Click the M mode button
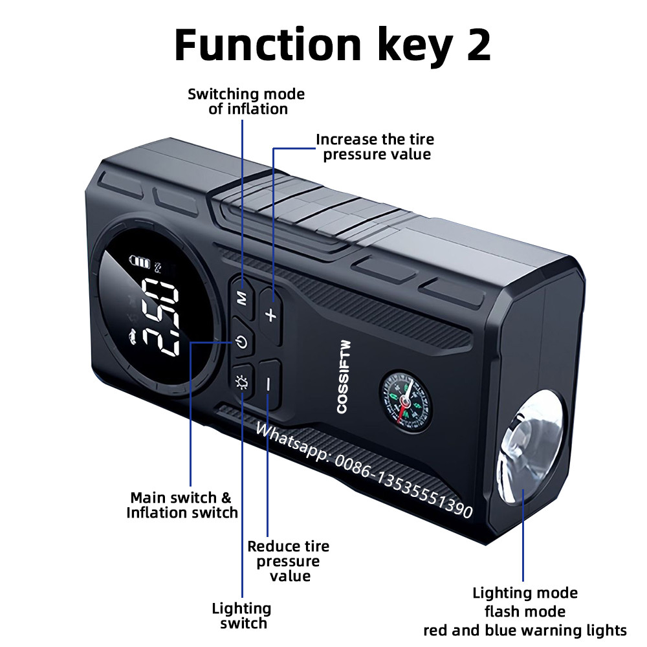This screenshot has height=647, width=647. [243, 296]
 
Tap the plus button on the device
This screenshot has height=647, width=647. [270, 314]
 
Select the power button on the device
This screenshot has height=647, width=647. [242, 341]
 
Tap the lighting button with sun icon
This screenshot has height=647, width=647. [242, 382]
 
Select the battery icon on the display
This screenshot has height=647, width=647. [140, 261]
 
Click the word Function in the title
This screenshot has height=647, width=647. [268, 44]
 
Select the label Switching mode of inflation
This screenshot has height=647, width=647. [247, 102]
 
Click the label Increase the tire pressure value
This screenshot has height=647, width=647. [375, 147]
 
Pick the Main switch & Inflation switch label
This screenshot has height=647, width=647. [182, 505]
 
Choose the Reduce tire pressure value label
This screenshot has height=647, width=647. [289, 561]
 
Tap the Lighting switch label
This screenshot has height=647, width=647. [242, 616]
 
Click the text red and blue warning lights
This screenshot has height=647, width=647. [525, 630]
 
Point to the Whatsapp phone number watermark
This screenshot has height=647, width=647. [364, 470]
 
